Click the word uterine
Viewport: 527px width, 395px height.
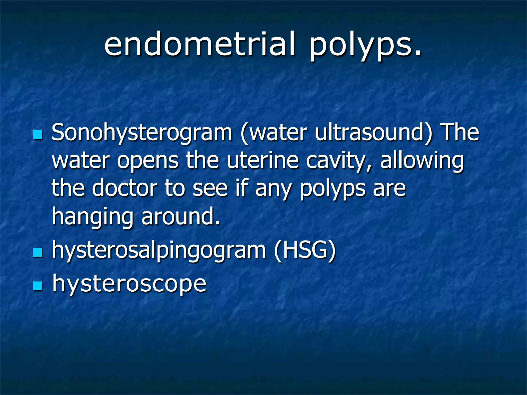pyautogui.click(x=263, y=160)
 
